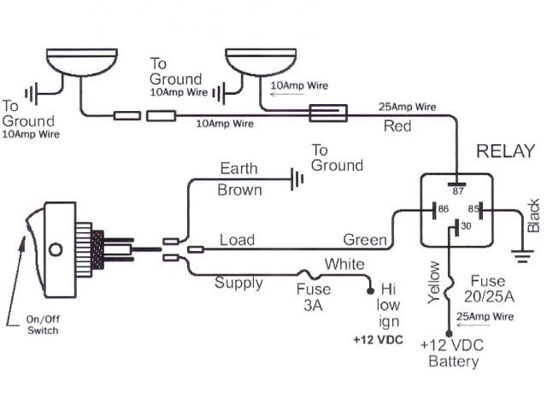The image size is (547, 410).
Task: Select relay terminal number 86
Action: click(x=443, y=208)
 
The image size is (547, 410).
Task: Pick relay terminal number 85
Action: click(x=472, y=208)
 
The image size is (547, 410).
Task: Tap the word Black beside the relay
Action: click(x=534, y=216)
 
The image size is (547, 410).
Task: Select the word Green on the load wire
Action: click(x=364, y=240)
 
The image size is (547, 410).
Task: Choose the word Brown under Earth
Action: click(x=240, y=190)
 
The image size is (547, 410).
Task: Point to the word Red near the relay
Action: click(x=397, y=126)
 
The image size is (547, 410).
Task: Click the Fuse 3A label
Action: click(x=314, y=296)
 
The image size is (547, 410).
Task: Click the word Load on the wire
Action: click(x=237, y=240)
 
